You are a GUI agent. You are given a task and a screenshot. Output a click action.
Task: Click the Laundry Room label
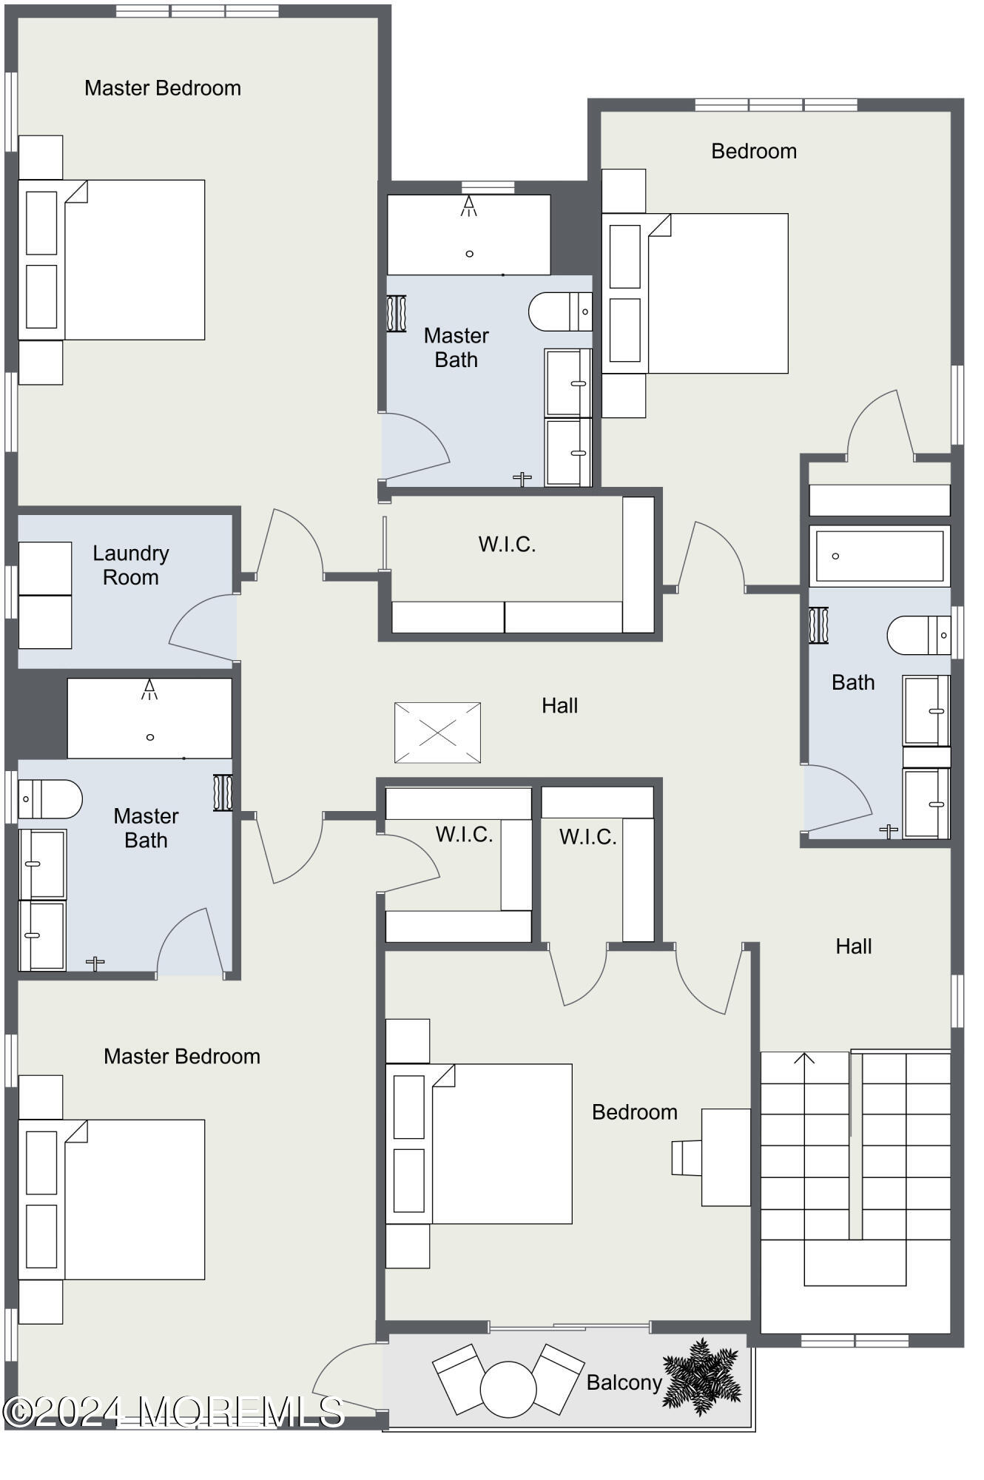(131, 565)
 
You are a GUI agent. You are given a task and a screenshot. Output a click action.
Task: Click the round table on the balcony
(508, 1390)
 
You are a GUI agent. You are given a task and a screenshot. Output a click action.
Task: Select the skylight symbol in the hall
(437, 733)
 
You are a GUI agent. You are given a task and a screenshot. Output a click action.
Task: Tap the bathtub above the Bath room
(880, 556)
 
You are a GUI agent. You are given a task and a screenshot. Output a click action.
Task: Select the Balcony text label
(624, 1382)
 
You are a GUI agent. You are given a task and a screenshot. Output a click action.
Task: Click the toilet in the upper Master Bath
(560, 312)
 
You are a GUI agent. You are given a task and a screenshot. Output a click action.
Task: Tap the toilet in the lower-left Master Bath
(50, 799)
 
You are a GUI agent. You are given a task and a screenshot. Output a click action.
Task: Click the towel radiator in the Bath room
(818, 625)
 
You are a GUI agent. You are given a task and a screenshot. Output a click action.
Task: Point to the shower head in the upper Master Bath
(468, 206)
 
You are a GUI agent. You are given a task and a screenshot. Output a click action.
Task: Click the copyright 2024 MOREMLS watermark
(174, 1412)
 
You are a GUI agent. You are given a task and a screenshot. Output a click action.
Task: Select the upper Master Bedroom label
(163, 88)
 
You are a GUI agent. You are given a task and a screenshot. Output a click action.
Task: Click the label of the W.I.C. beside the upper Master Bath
(507, 545)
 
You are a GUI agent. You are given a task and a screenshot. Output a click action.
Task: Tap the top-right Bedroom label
(754, 151)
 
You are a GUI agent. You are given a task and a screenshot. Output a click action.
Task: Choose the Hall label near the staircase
(854, 946)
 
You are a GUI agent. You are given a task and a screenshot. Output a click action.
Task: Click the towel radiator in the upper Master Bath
(397, 314)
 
